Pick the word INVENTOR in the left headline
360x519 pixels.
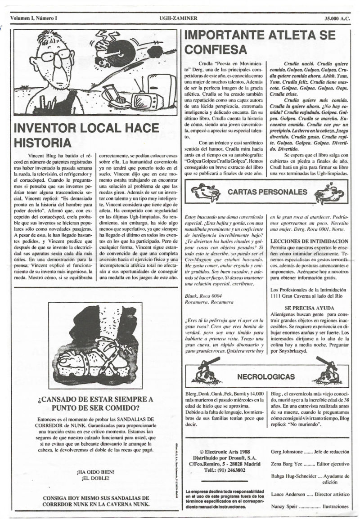(x=46, y=128)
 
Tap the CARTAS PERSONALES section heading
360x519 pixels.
(x=267, y=192)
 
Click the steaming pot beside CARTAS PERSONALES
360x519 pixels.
(x=329, y=193)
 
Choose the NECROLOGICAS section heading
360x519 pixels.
(x=266, y=376)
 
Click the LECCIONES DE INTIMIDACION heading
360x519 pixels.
(x=309, y=241)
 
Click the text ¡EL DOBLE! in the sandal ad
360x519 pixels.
(x=95, y=478)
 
